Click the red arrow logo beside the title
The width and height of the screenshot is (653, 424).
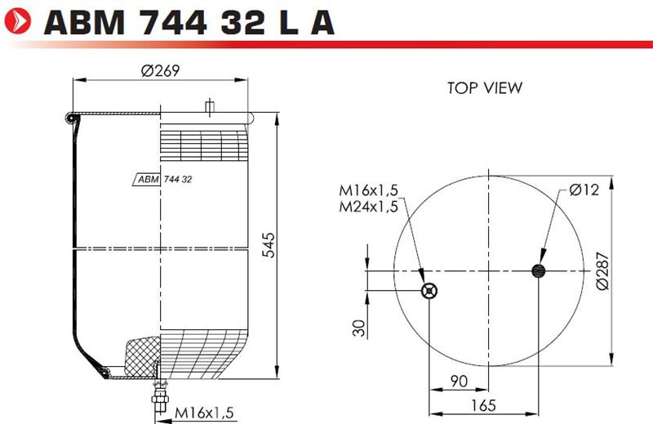18,21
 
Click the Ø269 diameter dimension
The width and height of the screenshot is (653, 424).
160,71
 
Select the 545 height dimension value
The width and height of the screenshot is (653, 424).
269,245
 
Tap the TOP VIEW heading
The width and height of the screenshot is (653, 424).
485,88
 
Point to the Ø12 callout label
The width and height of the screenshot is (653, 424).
584,190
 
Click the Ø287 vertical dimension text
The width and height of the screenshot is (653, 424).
602,270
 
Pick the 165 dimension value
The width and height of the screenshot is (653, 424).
483,405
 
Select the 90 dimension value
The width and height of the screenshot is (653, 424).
459,381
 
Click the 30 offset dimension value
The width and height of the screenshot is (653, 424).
358,328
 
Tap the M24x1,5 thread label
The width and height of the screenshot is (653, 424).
369,207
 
